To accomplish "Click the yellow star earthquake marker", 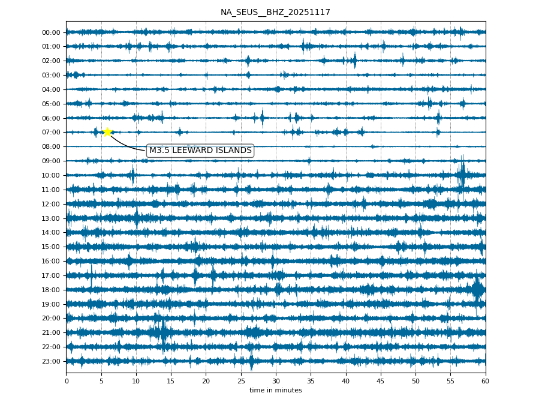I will [107, 132].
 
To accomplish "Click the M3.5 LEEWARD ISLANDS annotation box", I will [200, 151].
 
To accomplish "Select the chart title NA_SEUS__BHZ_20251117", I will [275, 12].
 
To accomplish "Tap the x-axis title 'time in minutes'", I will [275, 391].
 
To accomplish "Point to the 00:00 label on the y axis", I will [52, 32].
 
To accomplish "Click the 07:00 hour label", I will [52, 132].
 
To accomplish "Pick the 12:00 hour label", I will [52, 204].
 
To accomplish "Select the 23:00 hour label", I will [52, 361].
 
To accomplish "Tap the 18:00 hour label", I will [52, 290].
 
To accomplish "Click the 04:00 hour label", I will [52, 89].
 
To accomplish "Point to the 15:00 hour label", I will [52, 247].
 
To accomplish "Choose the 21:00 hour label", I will [52, 332].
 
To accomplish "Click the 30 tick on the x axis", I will [276, 381].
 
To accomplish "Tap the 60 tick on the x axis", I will [485, 381].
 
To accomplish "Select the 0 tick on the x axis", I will [66, 381].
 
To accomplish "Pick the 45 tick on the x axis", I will [381, 381].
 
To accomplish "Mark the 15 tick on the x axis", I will [171, 381].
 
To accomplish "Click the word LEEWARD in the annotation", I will [194, 151].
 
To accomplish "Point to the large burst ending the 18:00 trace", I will [478, 290].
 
